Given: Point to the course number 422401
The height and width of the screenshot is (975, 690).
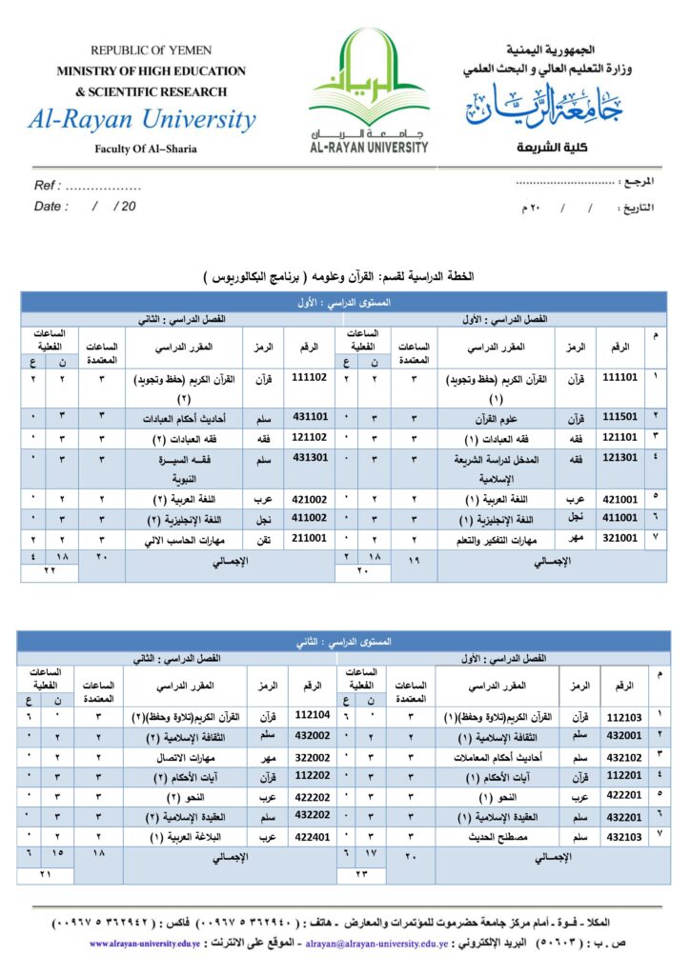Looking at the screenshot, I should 312,836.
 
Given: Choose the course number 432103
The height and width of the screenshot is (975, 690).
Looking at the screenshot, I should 625,836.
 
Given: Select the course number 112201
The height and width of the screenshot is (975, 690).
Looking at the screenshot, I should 625,774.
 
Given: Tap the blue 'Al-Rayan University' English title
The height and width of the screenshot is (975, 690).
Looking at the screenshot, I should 142,120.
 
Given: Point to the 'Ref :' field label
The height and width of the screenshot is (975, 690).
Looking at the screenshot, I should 49,186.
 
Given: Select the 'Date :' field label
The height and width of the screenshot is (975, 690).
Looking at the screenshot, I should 51,206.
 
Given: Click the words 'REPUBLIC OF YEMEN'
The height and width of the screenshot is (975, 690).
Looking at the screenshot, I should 151,50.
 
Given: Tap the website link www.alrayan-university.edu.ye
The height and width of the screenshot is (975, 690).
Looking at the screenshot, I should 145,944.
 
